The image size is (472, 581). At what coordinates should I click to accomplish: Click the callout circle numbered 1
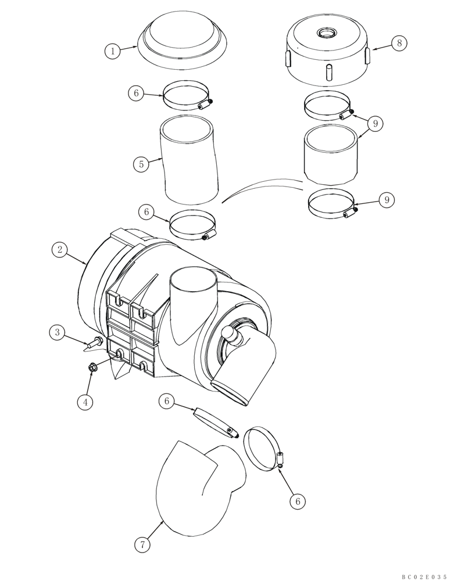(x=113, y=51)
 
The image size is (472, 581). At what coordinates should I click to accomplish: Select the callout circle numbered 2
(x=59, y=250)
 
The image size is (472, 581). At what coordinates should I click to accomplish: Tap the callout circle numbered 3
(x=57, y=332)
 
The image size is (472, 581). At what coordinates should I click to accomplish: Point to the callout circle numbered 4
(x=85, y=401)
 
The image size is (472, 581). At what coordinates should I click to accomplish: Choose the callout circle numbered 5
(x=140, y=164)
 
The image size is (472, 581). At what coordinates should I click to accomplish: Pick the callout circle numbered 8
(x=399, y=43)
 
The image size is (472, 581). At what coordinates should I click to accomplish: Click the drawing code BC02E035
(x=424, y=577)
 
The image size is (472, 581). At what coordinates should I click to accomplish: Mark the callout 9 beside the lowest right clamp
(x=386, y=199)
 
